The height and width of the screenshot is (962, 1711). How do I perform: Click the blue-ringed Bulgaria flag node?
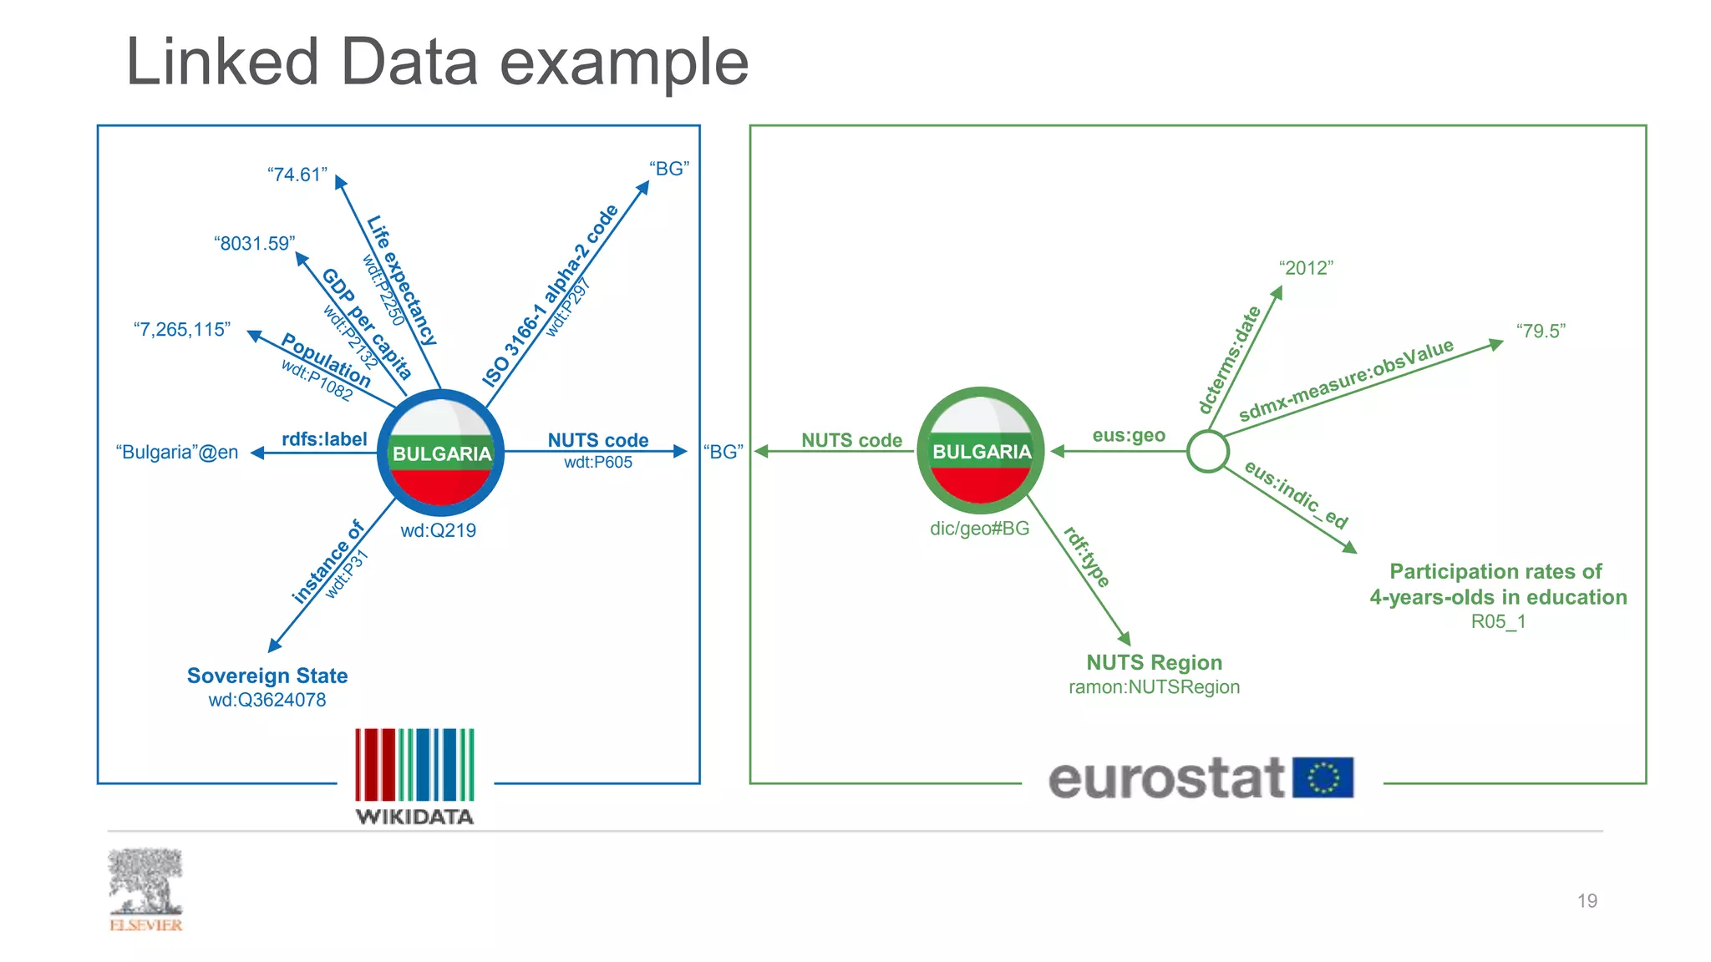tap(440, 452)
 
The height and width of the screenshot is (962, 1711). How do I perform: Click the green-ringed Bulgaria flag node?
tap(981, 450)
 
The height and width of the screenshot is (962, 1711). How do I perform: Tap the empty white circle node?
tap(1207, 451)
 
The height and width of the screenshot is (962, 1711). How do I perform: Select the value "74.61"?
tap(297, 175)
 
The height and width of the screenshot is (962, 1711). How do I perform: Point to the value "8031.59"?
tap(254, 243)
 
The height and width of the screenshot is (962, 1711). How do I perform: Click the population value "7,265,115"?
tap(181, 329)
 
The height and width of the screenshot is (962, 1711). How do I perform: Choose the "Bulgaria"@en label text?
tap(177, 452)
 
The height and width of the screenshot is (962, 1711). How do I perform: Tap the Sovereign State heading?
tap(267, 675)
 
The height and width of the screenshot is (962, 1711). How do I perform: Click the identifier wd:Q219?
tap(438, 530)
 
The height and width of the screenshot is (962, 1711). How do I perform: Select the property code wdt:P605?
tap(598, 462)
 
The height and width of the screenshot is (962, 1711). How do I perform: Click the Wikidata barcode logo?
tap(414, 766)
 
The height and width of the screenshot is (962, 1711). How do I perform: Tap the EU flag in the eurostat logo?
tap(1323, 777)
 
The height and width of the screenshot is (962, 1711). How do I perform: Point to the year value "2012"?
tap(1305, 268)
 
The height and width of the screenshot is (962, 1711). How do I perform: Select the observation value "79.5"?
tap(1541, 331)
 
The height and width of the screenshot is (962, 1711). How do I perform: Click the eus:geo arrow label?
tap(1128, 435)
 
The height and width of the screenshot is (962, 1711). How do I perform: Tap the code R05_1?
tap(1498, 621)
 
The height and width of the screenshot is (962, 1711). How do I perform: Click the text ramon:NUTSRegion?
tap(1154, 686)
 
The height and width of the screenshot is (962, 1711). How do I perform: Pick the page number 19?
tap(1587, 900)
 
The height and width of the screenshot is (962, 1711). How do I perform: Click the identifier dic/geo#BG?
tap(979, 528)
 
